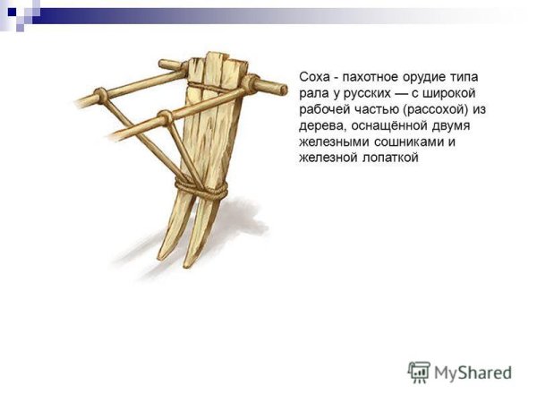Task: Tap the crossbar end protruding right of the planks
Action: pos(272,86)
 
